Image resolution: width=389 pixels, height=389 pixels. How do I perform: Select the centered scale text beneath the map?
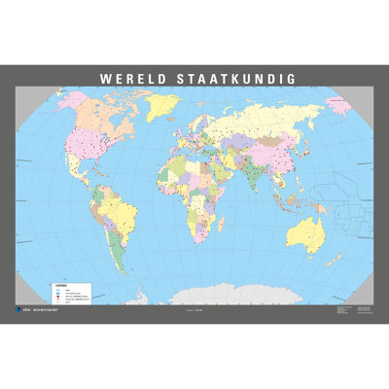194,308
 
